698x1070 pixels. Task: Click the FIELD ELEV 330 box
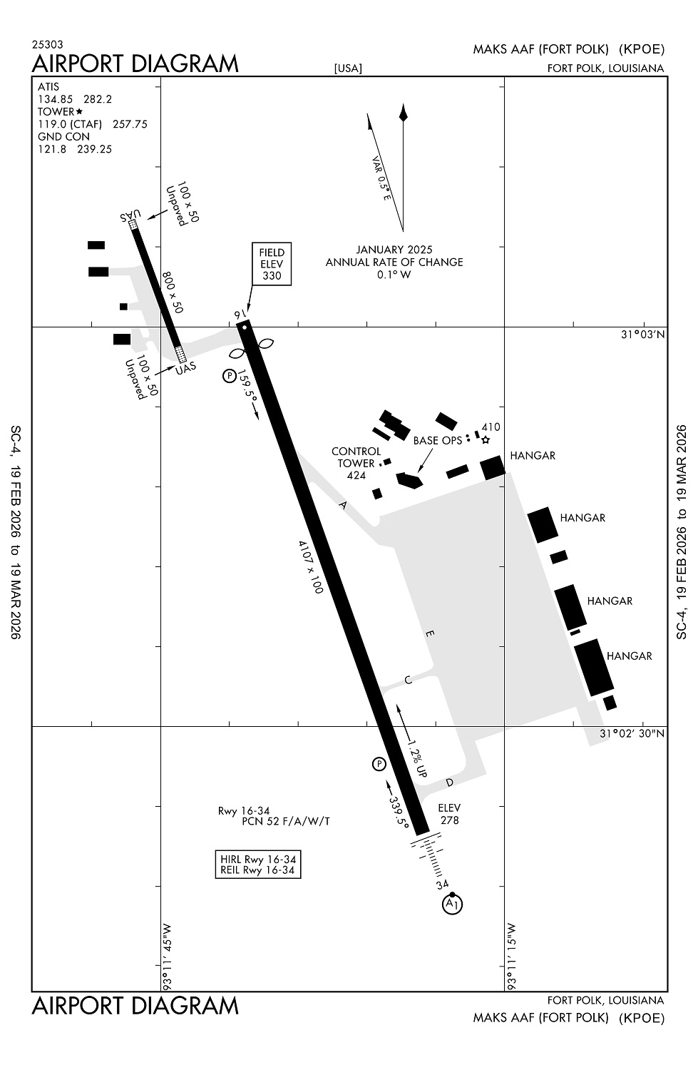coord(272,264)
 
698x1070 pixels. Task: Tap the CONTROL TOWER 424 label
coord(356,463)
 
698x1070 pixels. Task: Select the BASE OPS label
coord(437,441)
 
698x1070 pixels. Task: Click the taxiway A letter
coord(343,506)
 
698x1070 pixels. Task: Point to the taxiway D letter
coord(449,783)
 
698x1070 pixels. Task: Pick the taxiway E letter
coord(429,633)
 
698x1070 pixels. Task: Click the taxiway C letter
coord(409,680)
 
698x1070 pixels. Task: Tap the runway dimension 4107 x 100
coord(311,566)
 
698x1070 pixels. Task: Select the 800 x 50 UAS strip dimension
coord(173,292)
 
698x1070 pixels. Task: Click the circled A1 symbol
coord(452,905)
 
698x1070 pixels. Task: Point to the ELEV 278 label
coord(449,814)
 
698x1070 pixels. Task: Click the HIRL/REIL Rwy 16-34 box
coord(258,865)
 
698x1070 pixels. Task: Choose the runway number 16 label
coord(240,315)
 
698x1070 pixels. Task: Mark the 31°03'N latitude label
coord(642,335)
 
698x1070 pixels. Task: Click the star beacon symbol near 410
coord(486,440)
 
